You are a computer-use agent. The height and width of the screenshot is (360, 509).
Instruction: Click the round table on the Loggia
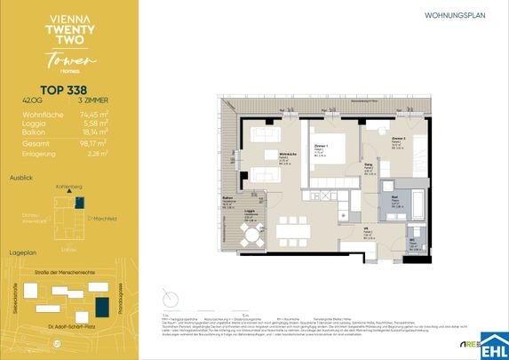(251, 237)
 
